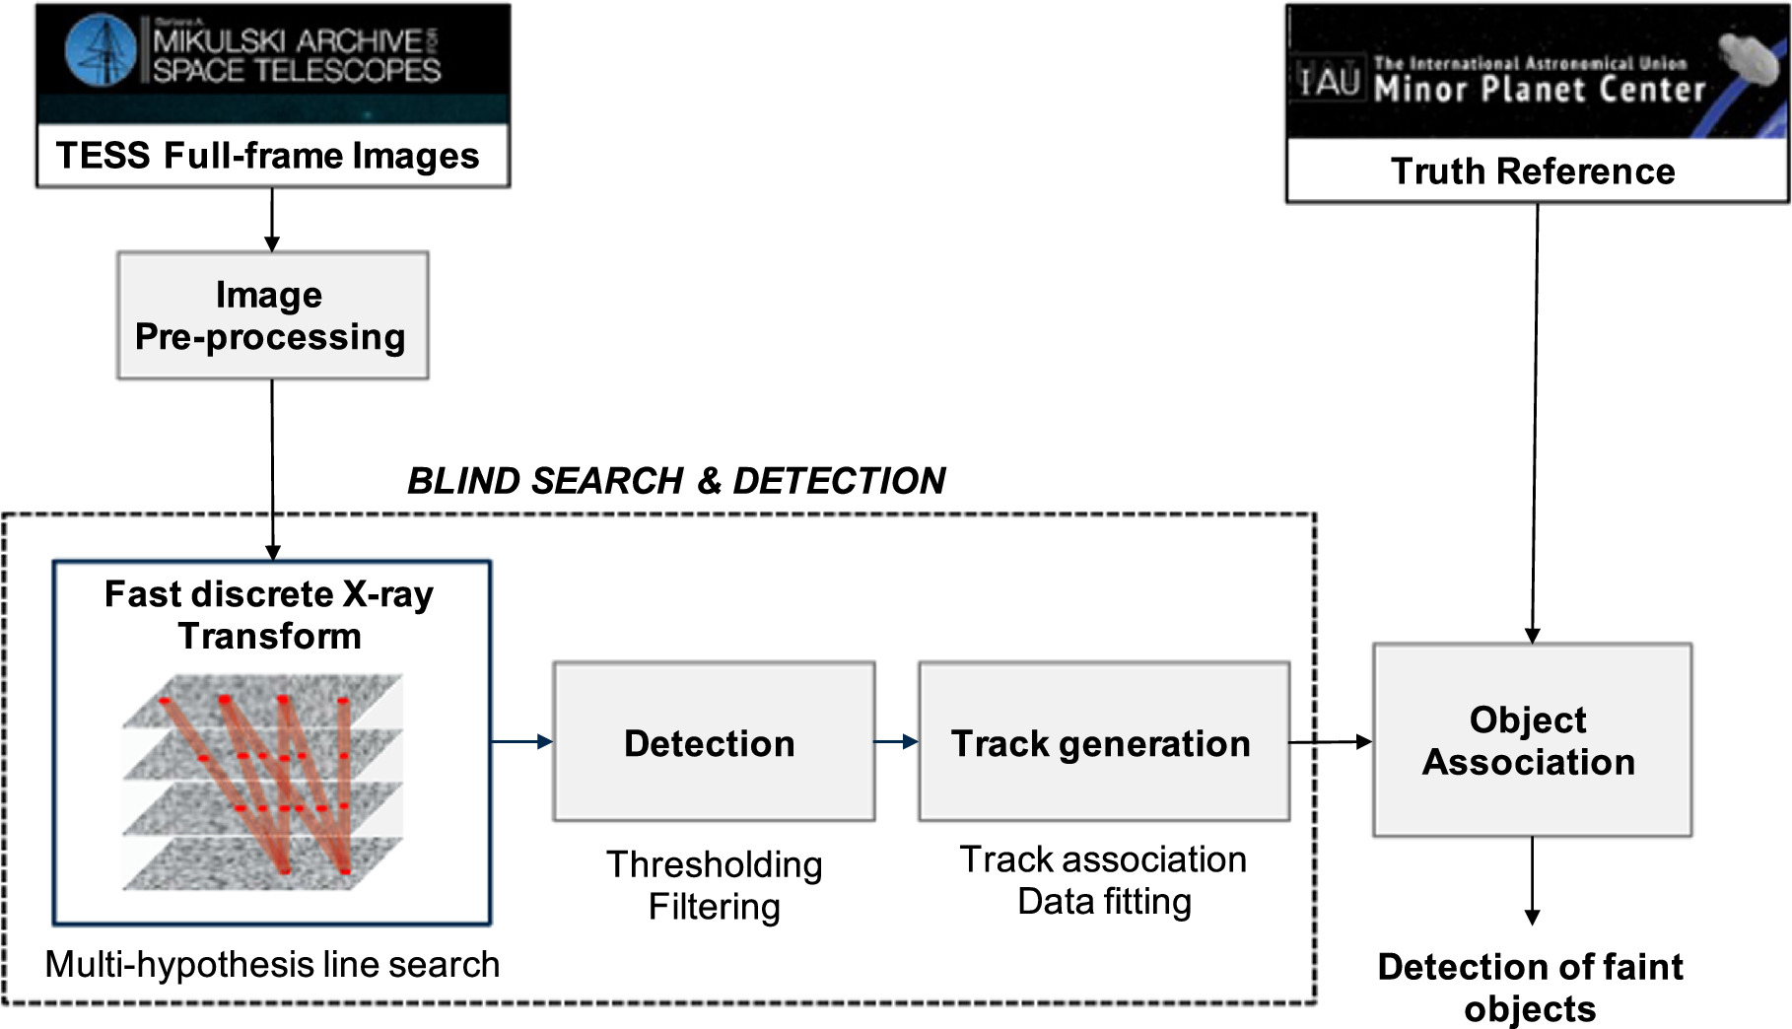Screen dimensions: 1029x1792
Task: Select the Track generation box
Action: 1103,741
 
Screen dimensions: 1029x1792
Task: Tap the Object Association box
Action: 1532,740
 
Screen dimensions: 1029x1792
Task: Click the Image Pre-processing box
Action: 272,315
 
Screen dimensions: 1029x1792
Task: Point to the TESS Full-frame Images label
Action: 268,156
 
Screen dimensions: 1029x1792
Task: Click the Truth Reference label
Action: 1533,171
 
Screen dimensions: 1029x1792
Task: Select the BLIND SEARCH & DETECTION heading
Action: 676,481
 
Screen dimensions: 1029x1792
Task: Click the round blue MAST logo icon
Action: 101,48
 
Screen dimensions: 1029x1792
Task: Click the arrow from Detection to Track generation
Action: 896,742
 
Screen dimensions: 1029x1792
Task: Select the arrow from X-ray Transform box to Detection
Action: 521,742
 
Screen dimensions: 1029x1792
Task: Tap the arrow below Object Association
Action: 1532,879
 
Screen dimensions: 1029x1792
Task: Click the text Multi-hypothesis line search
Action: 272,964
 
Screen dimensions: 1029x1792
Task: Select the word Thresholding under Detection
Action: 714,864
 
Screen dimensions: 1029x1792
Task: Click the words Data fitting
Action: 1104,901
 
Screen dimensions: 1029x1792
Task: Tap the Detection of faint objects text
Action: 1530,987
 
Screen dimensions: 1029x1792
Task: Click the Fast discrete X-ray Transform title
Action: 269,614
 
